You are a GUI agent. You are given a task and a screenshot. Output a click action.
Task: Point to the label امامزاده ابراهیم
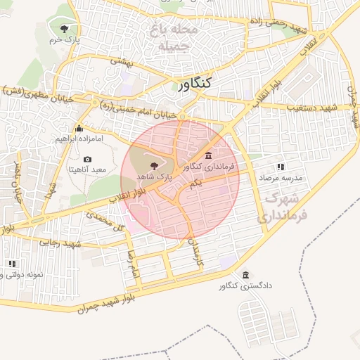pos(79,139)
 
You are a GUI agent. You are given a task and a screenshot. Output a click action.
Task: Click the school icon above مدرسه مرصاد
pos(281,167)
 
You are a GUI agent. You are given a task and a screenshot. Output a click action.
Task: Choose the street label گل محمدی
pos(109,221)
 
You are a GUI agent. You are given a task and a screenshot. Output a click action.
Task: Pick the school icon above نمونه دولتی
pos(11,264)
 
